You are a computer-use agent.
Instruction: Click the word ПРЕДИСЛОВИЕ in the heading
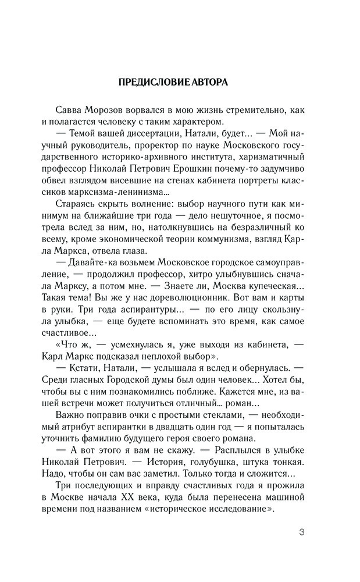pos(152,82)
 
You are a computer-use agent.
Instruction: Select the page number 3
pos(301,533)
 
